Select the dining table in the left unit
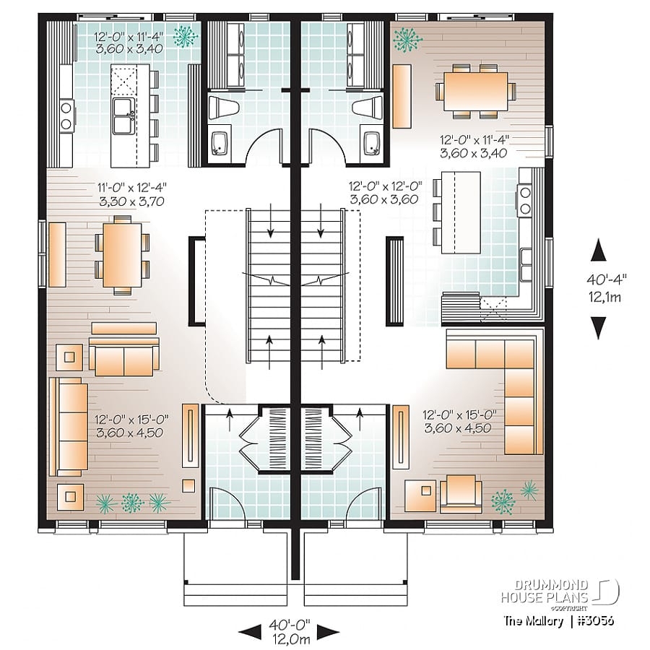point(118,254)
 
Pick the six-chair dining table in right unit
point(475,90)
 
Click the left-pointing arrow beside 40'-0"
point(249,632)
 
